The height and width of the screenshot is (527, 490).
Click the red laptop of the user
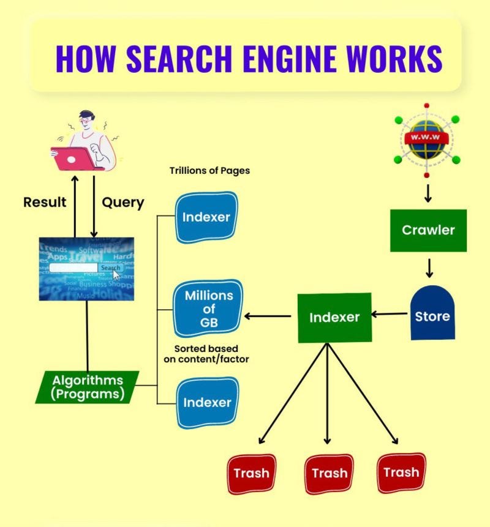pos(74,159)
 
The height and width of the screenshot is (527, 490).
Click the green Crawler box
pos(428,230)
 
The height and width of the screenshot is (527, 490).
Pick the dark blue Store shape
pos(432,314)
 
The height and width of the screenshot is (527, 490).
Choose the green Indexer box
pos(334,317)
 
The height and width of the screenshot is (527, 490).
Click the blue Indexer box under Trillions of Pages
pos(207,217)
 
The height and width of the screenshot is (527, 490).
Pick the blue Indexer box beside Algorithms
pos(207,402)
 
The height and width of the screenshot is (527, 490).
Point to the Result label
pos(45,202)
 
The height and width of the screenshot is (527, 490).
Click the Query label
pos(123,202)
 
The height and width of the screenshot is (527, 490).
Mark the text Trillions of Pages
pos(209,171)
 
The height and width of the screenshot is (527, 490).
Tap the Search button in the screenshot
pos(110,267)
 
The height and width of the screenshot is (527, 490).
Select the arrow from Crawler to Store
pos(429,267)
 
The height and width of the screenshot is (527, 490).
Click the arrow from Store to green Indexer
pos(391,315)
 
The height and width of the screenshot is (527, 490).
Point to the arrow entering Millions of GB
pos(268,316)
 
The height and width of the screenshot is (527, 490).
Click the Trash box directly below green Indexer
pos(329,473)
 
